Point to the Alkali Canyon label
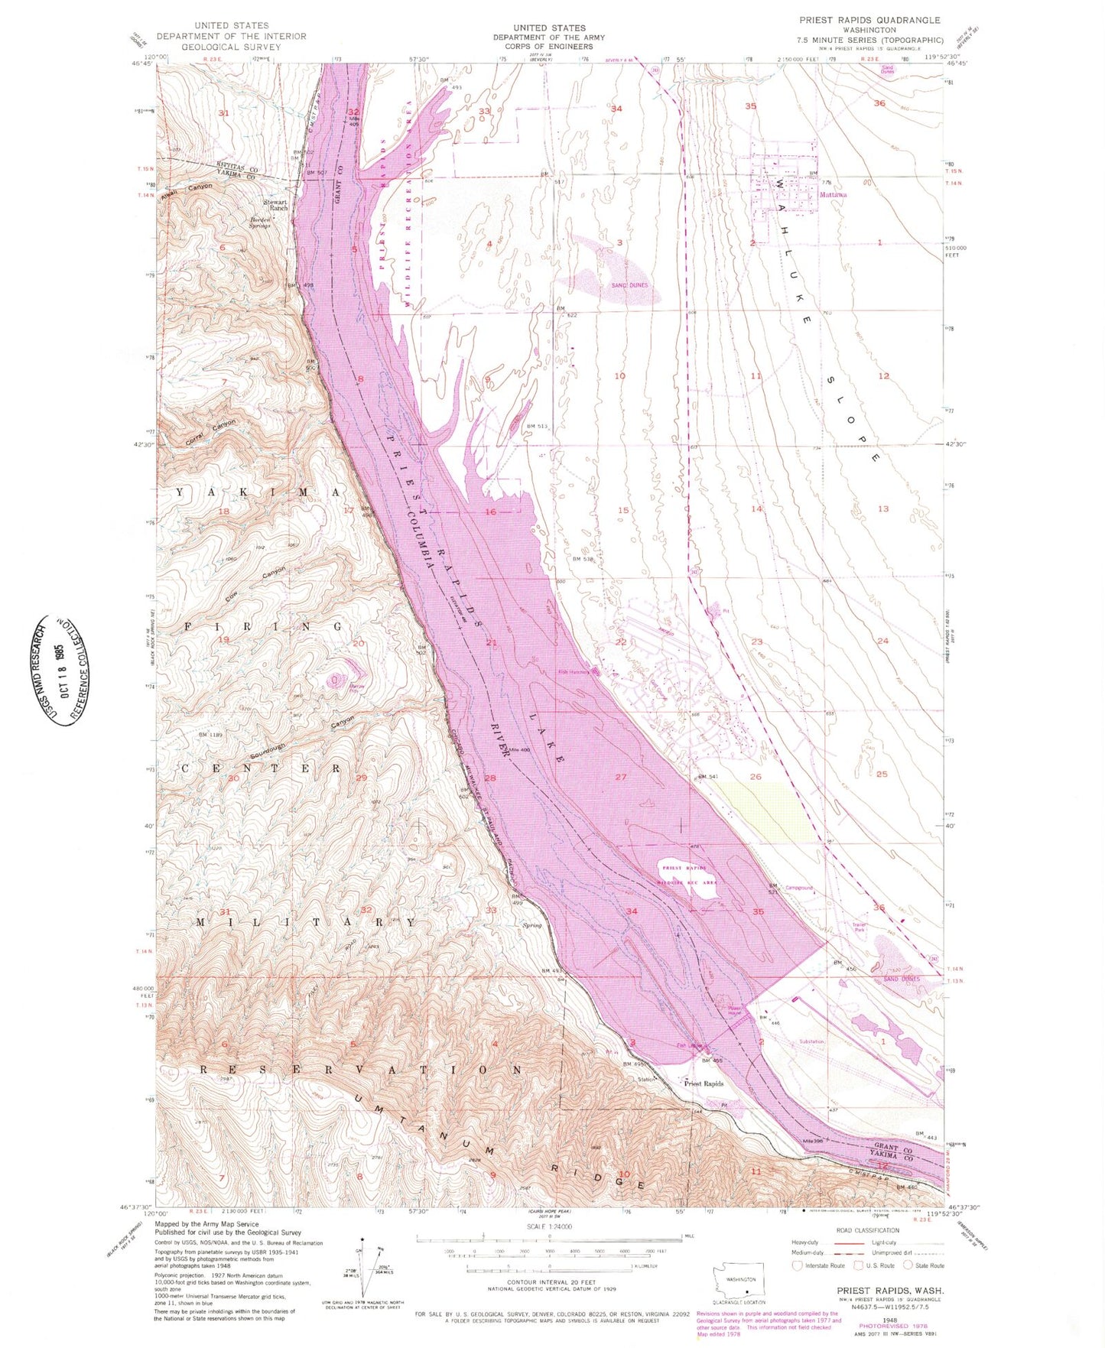187,189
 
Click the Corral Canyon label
211,433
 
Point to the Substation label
811,1041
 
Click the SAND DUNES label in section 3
629,285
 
